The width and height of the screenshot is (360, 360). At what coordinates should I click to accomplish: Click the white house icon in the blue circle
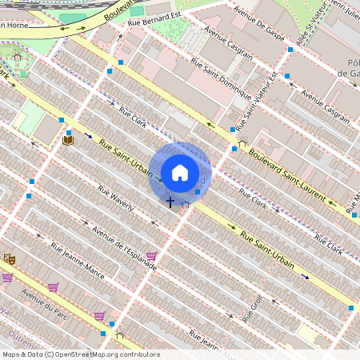click(180, 172)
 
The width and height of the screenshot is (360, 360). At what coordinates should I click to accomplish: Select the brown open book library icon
click(68, 140)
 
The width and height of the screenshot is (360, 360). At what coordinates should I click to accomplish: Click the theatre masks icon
click(10, 259)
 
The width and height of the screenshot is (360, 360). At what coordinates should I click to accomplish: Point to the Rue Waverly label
click(115, 202)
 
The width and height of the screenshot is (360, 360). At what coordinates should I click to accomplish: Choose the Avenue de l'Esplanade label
click(124, 249)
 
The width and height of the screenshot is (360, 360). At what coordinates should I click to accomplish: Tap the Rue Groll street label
click(254, 305)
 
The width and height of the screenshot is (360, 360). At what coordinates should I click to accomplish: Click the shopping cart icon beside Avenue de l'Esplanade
click(151, 256)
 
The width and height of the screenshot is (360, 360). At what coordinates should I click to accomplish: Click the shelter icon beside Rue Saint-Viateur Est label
click(242, 145)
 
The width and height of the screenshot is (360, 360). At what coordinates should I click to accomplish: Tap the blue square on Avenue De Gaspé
click(290, 50)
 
